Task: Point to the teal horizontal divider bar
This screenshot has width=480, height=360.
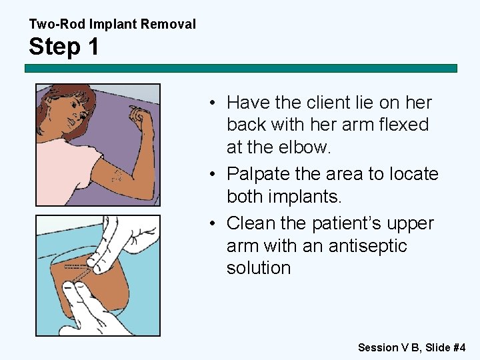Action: click(241, 68)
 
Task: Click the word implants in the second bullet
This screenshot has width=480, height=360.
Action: click(303, 197)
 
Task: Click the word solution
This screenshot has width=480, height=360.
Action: click(259, 268)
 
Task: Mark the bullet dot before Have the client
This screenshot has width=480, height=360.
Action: click(210, 103)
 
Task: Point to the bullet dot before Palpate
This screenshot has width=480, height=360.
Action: click(210, 175)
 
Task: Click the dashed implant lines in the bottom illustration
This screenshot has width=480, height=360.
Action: click(75, 268)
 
